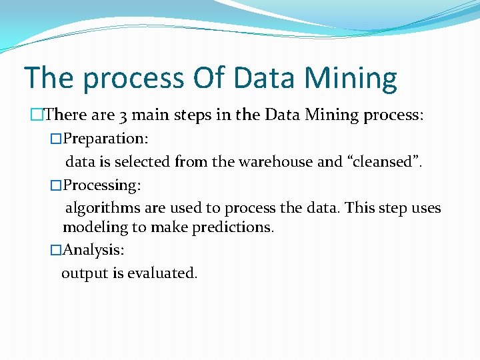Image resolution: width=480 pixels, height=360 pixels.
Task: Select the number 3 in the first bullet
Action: click(x=123, y=115)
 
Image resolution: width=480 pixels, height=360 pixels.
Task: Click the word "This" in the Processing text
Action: click(x=360, y=208)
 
